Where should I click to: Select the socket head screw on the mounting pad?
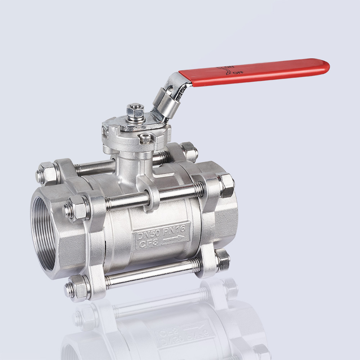[x=144, y=137]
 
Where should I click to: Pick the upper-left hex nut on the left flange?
[x=46, y=172]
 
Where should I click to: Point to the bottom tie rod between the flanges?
[x=151, y=273]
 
